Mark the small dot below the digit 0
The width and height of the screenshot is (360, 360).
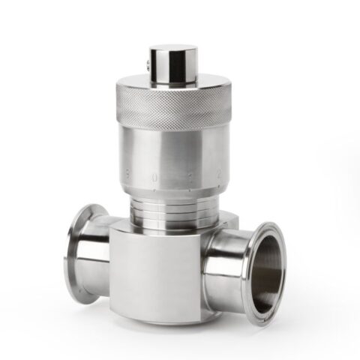(155, 190)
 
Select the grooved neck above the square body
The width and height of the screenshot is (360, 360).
(169, 206)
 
